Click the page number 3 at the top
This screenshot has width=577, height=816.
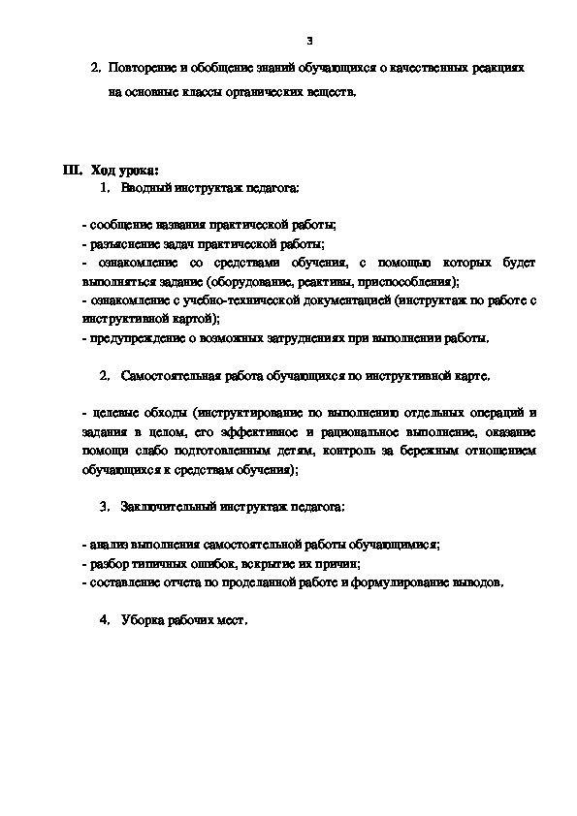pos(309,41)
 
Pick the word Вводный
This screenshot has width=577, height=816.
pos(147,186)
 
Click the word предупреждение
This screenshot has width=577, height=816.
pos(138,338)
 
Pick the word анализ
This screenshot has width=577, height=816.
pos(110,545)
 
